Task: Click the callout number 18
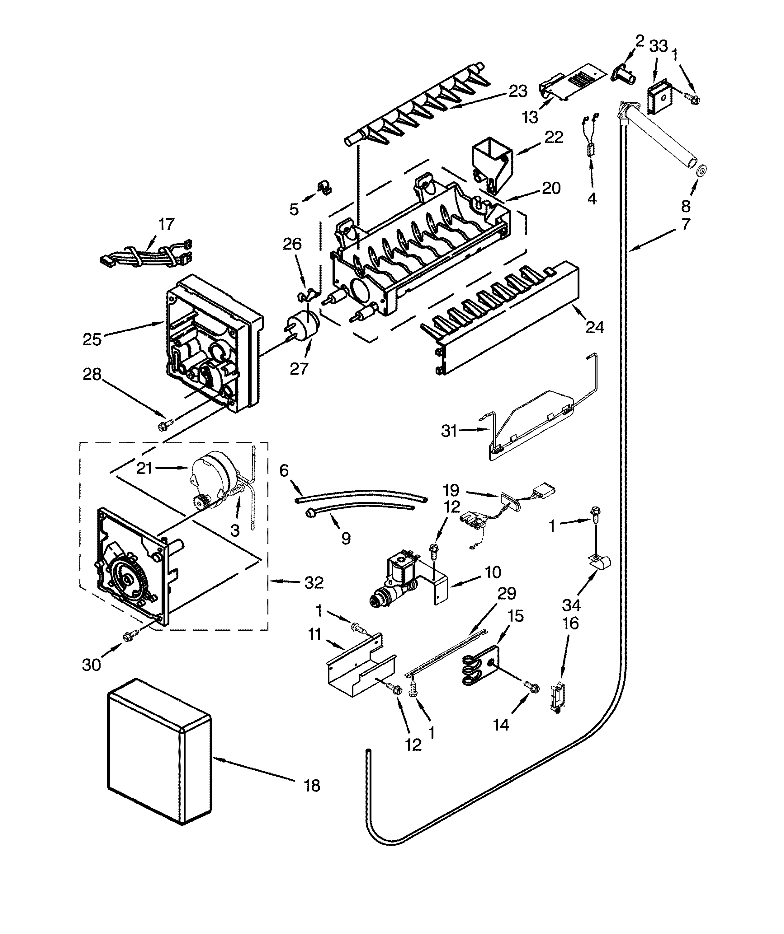point(313,786)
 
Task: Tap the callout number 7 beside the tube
point(686,224)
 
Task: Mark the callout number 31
point(449,431)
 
